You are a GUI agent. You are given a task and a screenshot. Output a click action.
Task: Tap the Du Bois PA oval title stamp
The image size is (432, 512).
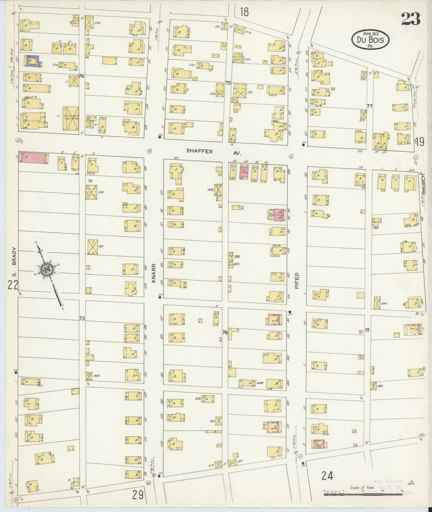pyautogui.click(x=370, y=40)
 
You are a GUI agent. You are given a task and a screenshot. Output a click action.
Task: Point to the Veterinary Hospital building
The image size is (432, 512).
pyautogui.click(x=71, y=119)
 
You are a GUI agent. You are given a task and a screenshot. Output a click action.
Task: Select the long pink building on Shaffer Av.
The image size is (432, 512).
pyautogui.click(x=33, y=158)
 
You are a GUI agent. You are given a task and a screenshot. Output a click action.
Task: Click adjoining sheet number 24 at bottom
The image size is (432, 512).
pyautogui.click(x=328, y=475)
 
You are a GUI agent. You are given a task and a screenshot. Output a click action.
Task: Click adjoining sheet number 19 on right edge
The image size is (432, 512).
pyautogui.click(x=420, y=142)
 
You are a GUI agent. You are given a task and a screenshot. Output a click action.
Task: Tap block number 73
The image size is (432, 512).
pyautogui.click(x=82, y=319)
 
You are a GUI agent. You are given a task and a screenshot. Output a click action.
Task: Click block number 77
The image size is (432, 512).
pyautogui.click(x=370, y=106)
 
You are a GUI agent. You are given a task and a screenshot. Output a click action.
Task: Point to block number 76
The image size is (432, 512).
pyautogui.click(x=225, y=332)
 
